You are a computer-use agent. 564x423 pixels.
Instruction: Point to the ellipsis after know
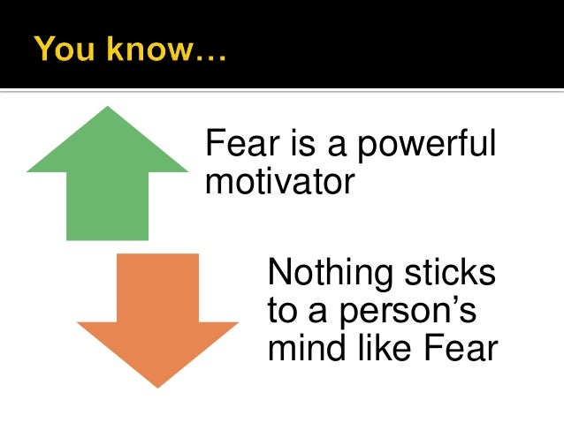(210, 55)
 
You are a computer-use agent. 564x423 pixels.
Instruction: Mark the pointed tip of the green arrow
(108, 108)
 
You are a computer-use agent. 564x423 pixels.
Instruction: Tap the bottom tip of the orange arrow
(157, 386)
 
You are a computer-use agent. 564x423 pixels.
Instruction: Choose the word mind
(301, 349)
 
